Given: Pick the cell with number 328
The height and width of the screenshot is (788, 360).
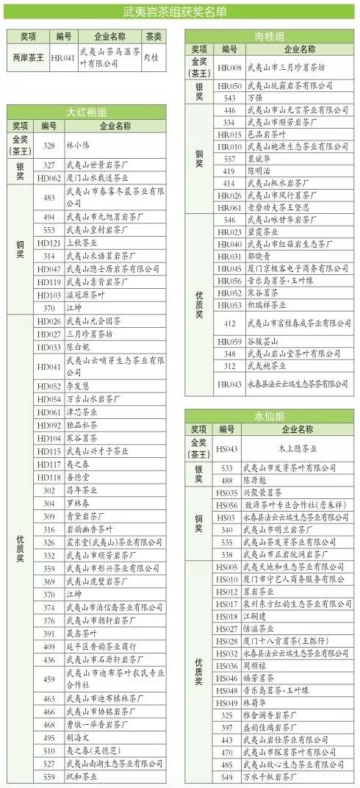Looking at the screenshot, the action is click(49, 146).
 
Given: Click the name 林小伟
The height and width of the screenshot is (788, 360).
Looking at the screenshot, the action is click(76, 146).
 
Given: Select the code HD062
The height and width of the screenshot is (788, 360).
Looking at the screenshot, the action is click(49, 178).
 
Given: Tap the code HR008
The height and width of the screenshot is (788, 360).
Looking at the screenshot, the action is click(229, 68).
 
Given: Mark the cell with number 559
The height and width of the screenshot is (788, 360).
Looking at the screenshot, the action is click(49, 776).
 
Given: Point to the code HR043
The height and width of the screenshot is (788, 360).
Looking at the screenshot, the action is click(229, 384).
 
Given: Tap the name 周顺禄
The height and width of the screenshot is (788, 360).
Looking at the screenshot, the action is click(261, 665).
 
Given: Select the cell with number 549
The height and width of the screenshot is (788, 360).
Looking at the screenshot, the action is click(228, 776).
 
